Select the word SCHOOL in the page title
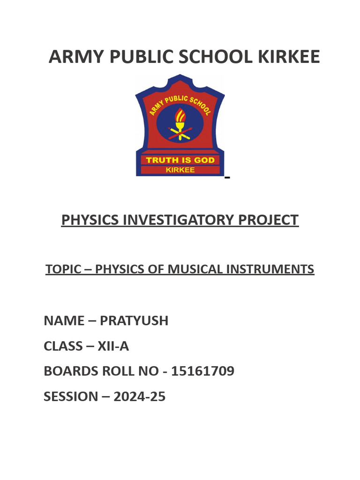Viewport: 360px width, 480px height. click(x=217, y=57)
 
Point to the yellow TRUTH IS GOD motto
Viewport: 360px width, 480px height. click(x=180, y=160)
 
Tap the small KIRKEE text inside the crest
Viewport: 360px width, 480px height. click(x=180, y=170)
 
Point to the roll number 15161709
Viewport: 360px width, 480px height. click(x=202, y=371)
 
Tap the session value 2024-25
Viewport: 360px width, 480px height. click(x=139, y=397)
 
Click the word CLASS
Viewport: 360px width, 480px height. click(x=62, y=346)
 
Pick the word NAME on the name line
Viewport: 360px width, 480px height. click(x=61, y=321)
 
